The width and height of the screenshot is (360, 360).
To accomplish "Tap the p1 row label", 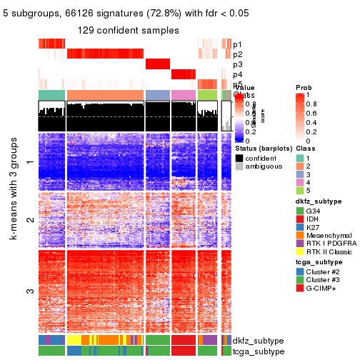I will click(x=237, y=44).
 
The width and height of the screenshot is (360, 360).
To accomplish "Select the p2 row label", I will click(x=237, y=54).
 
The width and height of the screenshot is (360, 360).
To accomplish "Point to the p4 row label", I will click(x=237, y=74).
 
